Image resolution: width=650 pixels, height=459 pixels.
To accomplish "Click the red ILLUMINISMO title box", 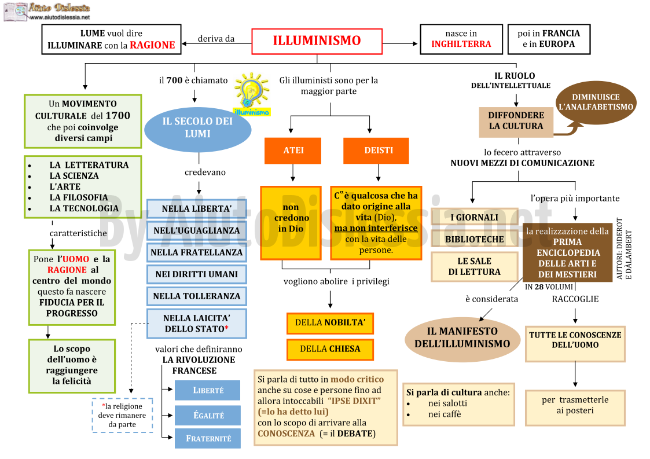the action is click(317, 41).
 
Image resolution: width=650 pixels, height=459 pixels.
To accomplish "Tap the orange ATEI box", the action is click(293, 150).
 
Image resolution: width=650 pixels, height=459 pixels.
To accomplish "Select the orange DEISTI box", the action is click(376, 150).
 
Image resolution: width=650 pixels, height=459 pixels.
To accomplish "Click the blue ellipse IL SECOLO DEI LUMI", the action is click(198, 130).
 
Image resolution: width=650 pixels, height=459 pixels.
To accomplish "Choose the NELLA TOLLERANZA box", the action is click(196, 296).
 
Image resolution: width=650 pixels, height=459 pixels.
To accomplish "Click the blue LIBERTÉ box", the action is click(208, 390).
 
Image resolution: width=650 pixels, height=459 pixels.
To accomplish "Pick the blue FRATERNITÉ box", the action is click(208, 438).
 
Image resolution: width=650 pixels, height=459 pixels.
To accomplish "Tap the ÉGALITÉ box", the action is click(208, 415).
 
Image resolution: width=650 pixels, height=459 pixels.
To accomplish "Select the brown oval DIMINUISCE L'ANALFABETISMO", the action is click(596, 102).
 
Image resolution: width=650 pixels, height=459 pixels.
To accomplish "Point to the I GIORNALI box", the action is click(475, 217).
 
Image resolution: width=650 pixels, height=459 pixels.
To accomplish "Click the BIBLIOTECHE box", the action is click(475, 239).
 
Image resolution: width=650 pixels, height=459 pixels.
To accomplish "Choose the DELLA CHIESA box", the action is click(330, 349).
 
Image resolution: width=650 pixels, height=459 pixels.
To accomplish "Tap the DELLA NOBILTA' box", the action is click(330, 323).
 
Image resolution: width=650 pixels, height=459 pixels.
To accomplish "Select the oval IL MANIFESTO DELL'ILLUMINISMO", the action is click(462, 337).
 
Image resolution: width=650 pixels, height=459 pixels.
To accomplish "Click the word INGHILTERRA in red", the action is click(461, 44).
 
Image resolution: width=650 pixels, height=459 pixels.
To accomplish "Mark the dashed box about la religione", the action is click(122, 415).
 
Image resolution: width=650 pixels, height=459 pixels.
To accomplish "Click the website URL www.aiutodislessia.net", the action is click(60, 17).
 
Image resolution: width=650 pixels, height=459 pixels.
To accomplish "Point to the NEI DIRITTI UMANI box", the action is click(196, 274).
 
